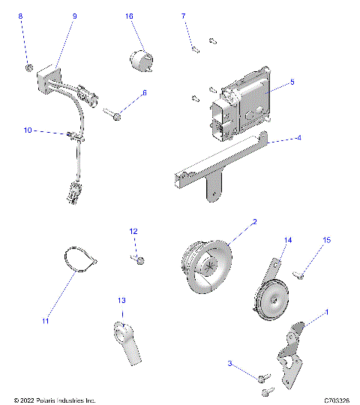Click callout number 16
129,16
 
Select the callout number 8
20,16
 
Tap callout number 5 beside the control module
292,82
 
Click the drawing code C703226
334,400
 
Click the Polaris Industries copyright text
55,400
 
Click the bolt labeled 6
115,115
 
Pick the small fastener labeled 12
140,259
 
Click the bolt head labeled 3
262,377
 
